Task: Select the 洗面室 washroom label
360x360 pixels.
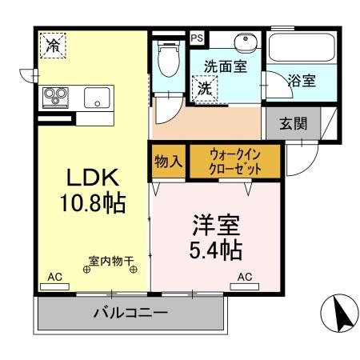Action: (x=225, y=67)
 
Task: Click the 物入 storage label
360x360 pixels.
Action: (x=168, y=159)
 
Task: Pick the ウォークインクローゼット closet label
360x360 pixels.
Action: (x=235, y=159)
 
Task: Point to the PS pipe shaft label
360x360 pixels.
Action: (x=196, y=36)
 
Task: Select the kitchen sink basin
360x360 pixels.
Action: (x=98, y=99)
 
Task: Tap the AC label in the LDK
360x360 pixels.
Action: (x=54, y=277)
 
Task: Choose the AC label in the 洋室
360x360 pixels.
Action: (x=245, y=277)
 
